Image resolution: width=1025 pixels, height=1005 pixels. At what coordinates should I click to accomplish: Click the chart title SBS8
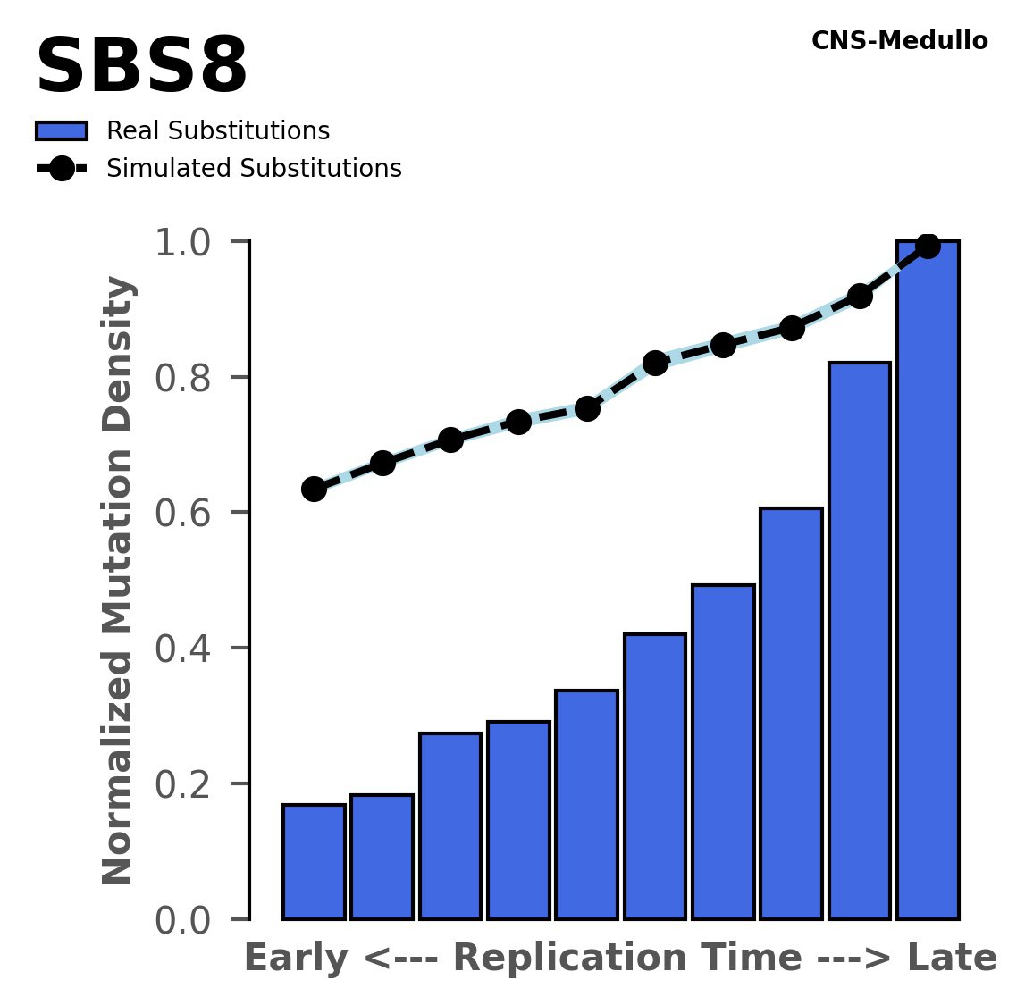tap(141, 68)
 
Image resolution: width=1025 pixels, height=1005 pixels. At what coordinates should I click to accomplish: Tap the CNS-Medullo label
tap(899, 41)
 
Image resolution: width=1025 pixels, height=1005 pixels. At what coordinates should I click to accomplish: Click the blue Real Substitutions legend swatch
tap(62, 131)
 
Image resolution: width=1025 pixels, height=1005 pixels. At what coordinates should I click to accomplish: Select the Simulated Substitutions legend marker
tap(62, 169)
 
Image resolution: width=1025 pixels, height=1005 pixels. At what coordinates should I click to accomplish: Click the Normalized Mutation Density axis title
tap(118, 581)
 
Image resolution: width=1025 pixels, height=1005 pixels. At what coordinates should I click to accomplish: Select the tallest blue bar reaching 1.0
tap(928, 581)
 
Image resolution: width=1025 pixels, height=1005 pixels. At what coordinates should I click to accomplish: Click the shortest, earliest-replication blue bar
tap(314, 861)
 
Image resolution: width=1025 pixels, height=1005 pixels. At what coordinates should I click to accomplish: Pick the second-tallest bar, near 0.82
tap(860, 640)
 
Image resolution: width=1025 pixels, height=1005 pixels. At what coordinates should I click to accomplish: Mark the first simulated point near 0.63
tap(314, 489)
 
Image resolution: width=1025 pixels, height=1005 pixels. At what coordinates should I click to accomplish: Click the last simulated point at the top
tap(928, 246)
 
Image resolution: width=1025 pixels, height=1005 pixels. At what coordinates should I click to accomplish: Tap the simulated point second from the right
tap(860, 296)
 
